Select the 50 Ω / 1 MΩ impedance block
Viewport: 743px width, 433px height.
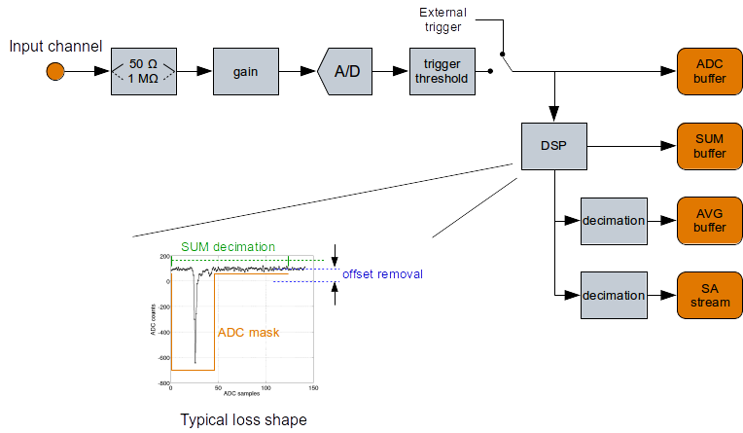coord(144,71)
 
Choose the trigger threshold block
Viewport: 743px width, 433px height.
coord(442,71)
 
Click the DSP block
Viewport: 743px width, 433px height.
coord(553,147)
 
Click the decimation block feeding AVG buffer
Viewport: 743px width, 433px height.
coord(613,220)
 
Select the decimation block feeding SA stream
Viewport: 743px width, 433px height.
coord(613,295)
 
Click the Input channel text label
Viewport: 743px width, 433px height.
coord(55,46)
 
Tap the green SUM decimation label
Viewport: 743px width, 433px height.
coord(228,247)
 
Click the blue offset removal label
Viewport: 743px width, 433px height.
coord(382,274)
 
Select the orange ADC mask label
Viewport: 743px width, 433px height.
coord(249,332)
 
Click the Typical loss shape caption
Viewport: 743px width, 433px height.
coord(244,420)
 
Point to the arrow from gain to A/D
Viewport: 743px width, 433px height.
coord(296,71)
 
